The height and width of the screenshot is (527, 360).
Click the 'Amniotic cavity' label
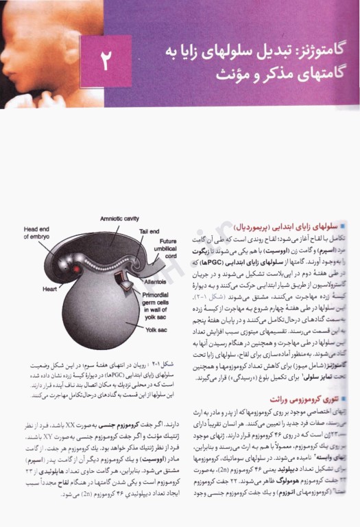pos(119,219)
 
